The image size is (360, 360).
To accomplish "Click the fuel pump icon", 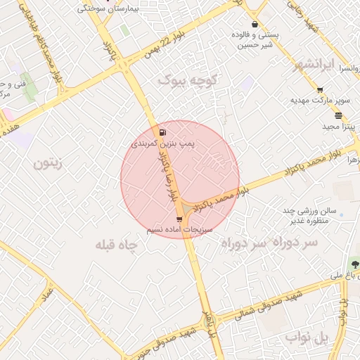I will (x=163, y=132).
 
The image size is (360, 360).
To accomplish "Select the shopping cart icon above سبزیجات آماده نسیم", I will (x=179, y=219).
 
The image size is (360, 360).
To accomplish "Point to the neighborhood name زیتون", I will (x=48, y=164).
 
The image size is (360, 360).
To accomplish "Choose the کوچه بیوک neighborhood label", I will (x=188, y=79).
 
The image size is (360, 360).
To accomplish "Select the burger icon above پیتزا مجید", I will (x=339, y=115).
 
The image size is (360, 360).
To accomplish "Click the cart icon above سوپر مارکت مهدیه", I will (x=321, y=89).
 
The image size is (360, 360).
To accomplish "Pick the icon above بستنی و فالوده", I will (x=255, y=25).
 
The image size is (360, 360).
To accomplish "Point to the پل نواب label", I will (x=309, y=338).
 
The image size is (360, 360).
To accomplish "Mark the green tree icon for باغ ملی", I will (x=356, y=264).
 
